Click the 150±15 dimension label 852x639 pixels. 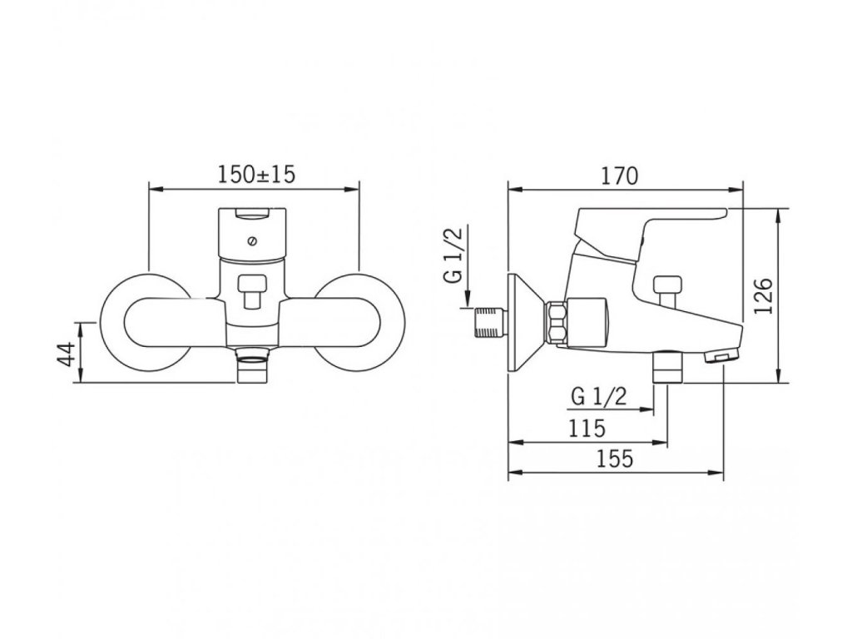tap(256, 175)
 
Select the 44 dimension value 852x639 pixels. tap(67, 354)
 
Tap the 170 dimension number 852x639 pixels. tap(619, 176)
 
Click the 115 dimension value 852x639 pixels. tap(587, 428)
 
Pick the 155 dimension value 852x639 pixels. tap(615, 459)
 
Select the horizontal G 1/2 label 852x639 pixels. tap(599, 397)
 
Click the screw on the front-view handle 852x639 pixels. tap(251, 241)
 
